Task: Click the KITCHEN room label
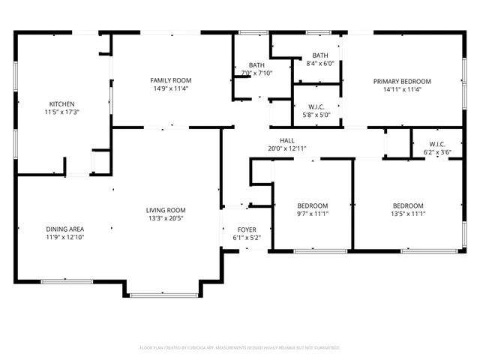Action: pyautogui.click(x=61, y=104)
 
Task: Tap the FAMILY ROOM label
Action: pyautogui.click(x=170, y=80)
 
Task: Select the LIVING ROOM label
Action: pyautogui.click(x=166, y=210)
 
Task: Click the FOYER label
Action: pyautogui.click(x=246, y=231)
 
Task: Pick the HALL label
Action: pyautogui.click(x=287, y=140)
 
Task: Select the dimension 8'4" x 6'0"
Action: pyautogui.click(x=319, y=64)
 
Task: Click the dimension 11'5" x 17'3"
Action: pyautogui.click(x=61, y=112)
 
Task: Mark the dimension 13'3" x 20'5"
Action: pyautogui.click(x=166, y=218)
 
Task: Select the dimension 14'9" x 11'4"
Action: pyautogui.click(x=170, y=88)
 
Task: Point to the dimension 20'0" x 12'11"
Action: pyautogui.click(x=287, y=148)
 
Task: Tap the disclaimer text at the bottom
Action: pyautogui.click(x=240, y=348)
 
